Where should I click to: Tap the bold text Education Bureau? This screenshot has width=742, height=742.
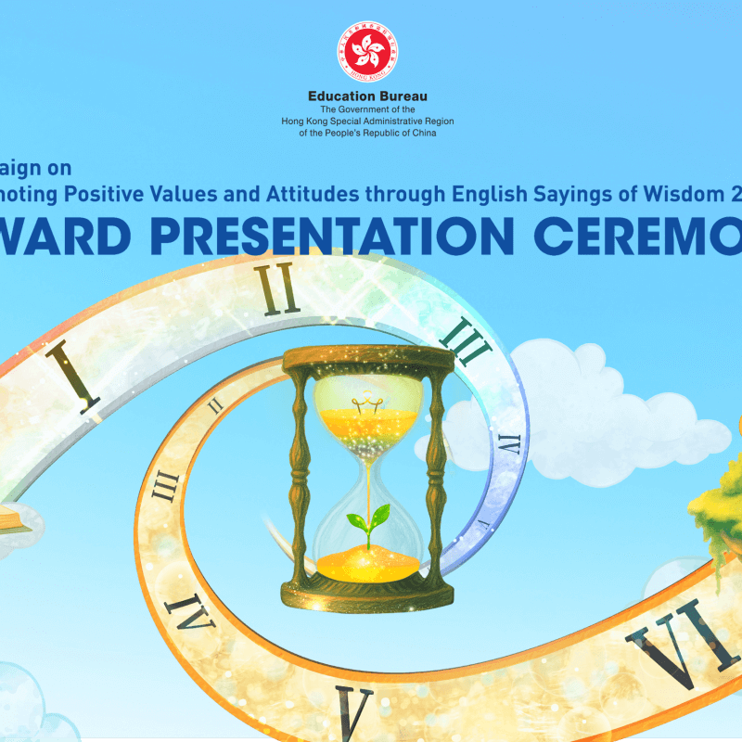point(368,96)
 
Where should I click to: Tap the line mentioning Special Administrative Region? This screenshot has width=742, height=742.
point(368,121)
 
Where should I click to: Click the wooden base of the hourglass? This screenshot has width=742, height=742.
point(368,591)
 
